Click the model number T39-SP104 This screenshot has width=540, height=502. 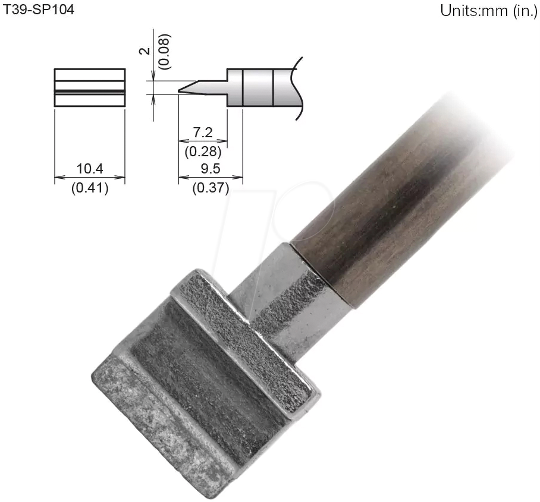[x=39, y=10]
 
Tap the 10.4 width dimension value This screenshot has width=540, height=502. [x=90, y=169]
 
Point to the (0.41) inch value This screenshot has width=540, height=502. [x=90, y=190]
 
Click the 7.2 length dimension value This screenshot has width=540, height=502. [x=200, y=133]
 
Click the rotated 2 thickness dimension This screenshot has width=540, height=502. [x=143, y=52]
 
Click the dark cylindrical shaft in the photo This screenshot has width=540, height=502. [x=393, y=196]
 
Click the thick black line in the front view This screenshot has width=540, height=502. [x=90, y=91]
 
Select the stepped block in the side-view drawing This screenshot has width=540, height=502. [x=256, y=88]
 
